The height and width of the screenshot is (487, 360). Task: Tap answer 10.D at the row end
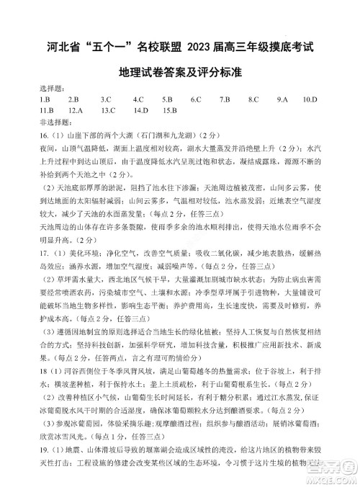click(310, 99)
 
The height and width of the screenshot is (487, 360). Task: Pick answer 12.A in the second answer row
click(76, 110)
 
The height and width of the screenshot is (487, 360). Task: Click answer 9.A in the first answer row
click(282, 99)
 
